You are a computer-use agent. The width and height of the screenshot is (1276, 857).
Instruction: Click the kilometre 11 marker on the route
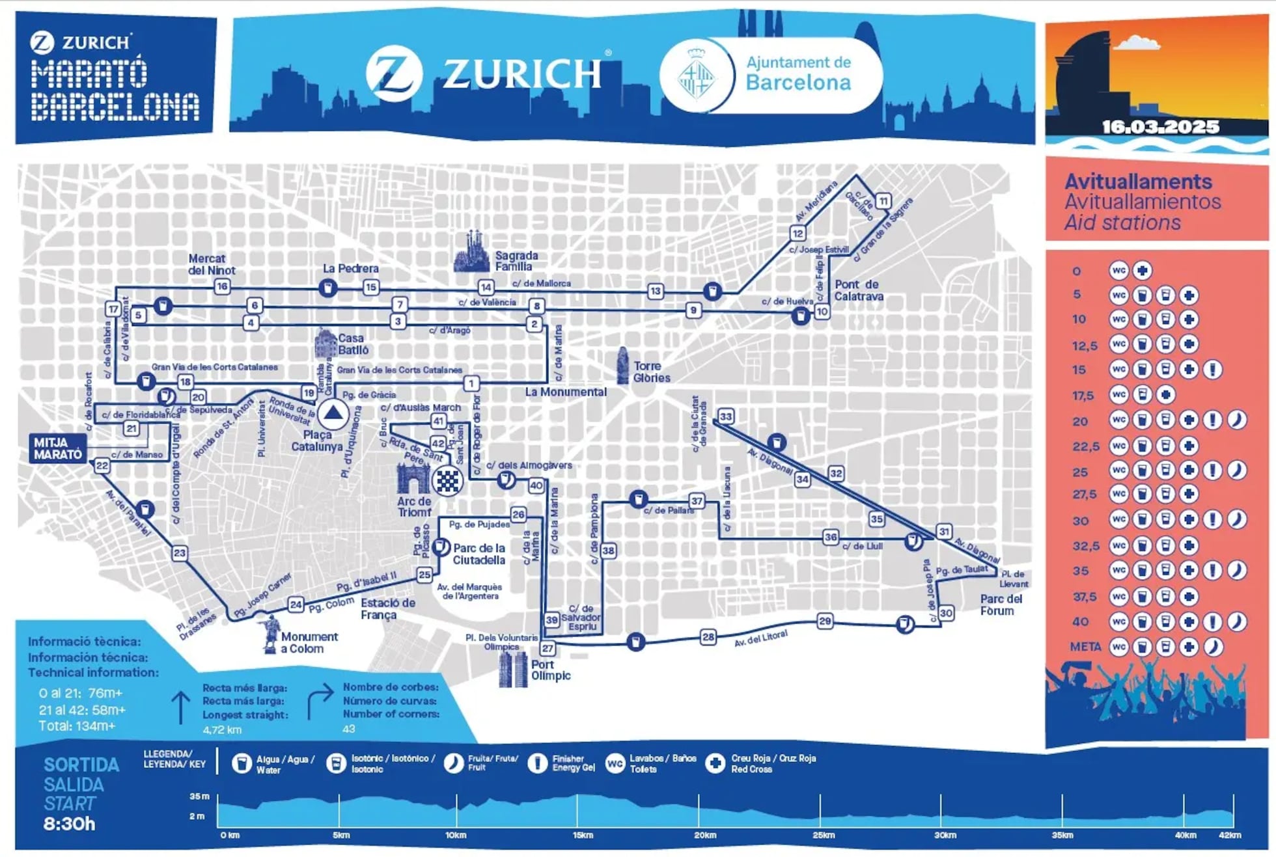[x=883, y=201]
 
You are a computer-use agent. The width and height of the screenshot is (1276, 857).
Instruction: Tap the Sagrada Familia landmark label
[x=516, y=261]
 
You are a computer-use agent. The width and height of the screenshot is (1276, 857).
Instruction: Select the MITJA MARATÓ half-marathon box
[x=58, y=448]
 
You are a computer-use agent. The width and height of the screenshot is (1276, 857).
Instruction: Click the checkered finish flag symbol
[x=447, y=481]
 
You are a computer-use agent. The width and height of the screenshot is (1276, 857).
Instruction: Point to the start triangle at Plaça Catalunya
[x=333, y=413]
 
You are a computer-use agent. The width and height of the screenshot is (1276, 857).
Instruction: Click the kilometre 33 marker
[x=725, y=416]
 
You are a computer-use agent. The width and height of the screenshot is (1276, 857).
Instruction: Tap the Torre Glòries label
[x=651, y=372]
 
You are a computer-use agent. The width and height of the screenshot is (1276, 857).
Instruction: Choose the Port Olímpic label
[x=550, y=670]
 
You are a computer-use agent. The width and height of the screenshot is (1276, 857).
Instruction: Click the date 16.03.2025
[x=1160, y=127]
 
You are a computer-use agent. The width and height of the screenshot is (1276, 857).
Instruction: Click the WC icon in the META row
[x=1118, y=647]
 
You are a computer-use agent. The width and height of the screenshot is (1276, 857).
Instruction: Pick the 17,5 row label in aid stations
[x=1083, y=395]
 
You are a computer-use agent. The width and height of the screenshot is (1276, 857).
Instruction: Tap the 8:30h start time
[x=69, y=824]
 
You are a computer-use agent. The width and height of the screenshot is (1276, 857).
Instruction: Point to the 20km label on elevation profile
[x=705, y=835]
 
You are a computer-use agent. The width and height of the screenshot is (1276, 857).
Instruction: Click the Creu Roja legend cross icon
[x=715, y=763]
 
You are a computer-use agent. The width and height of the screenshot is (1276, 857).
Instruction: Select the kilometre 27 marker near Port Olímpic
[x=548, y=648]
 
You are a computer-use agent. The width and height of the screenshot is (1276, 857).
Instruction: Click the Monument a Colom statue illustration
[x=270, y=633]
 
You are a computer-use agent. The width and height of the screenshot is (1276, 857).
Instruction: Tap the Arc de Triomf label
[x=414, y=507]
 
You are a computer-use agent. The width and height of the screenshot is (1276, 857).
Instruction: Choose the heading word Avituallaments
[x=1138, y=181]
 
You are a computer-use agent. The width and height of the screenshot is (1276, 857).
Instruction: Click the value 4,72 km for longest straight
[x=222, y=729]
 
